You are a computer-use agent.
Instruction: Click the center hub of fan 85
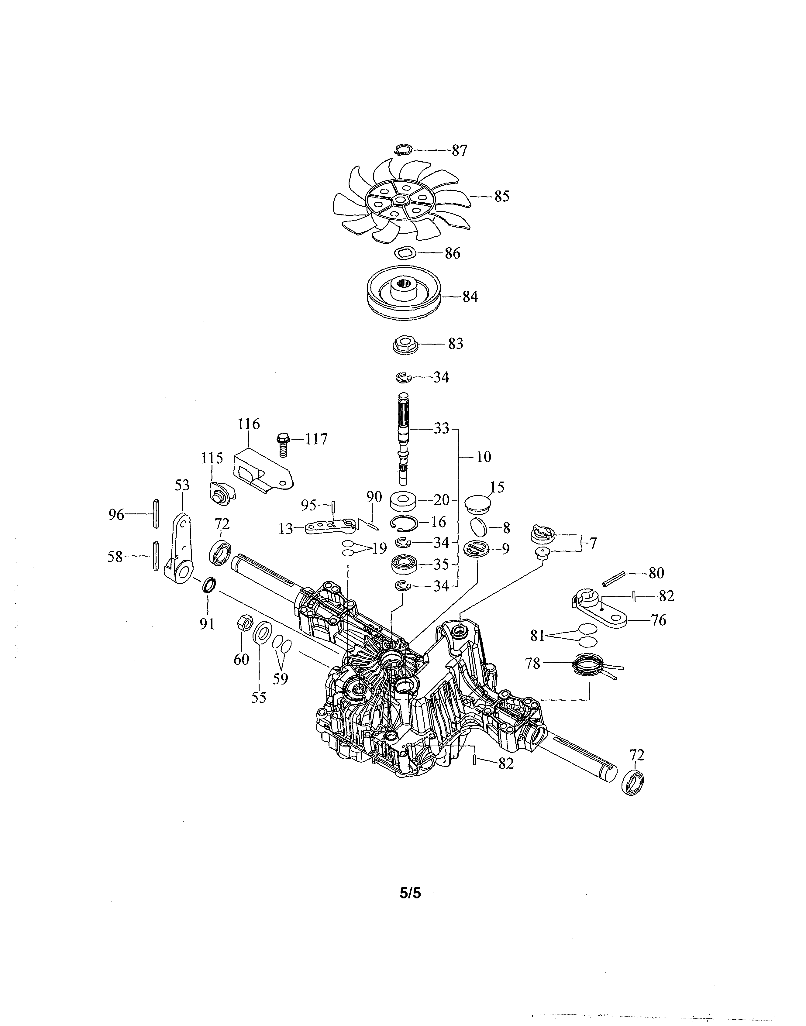401,200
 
